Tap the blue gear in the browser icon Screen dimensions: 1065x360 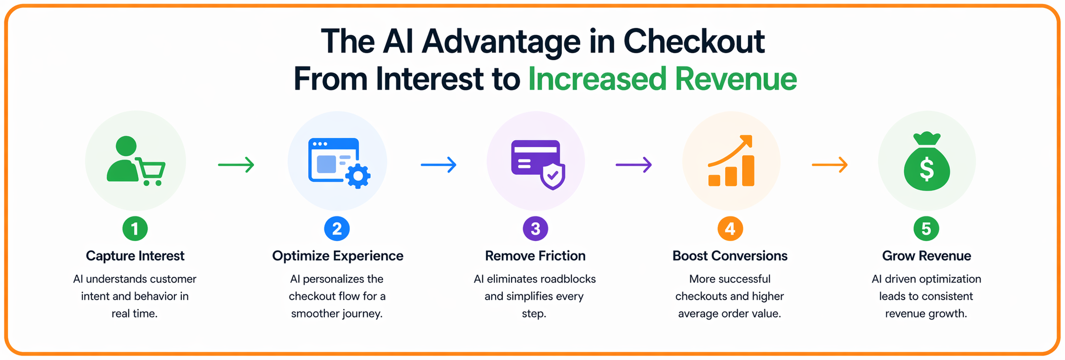coord(358,176)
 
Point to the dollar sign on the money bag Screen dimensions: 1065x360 coord(926,168)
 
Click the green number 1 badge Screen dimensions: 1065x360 coord(135,229)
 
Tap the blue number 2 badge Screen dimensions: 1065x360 coord(337,229)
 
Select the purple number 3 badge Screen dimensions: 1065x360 coord(535,229)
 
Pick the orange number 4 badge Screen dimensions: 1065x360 coord(730,229)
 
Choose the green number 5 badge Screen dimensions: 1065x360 coord(926,229)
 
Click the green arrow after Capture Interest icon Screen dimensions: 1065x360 coord(236,164)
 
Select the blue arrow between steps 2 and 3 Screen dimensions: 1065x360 coord(438,164)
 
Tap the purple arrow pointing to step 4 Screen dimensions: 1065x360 coord(633,164)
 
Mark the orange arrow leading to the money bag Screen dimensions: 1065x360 coord(830,164)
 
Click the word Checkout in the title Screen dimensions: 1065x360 coord(694,41)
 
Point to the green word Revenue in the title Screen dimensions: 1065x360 coord(736,79)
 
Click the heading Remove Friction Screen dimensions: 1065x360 coord(535,256)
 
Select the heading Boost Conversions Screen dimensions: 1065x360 coord(730,256)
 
